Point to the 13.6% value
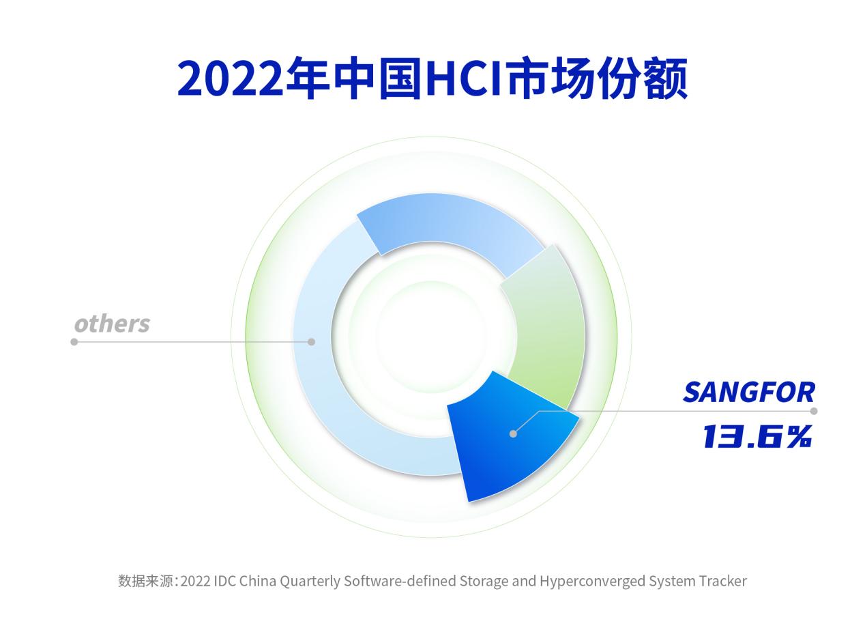coord(757,436)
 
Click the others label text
coord(112,324)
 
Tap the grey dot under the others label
coord(74,342)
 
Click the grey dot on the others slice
coord(311,342)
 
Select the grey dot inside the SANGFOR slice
coord(513,433)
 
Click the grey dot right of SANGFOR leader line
coord(814,411)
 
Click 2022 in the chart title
coord(230,78)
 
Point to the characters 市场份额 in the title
coord(598,78)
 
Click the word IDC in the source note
coord(225,581)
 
